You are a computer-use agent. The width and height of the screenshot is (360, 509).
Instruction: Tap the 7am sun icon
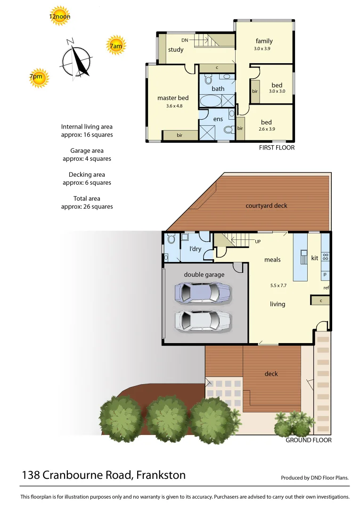115,46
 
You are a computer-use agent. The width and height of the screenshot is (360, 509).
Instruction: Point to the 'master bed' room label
173,98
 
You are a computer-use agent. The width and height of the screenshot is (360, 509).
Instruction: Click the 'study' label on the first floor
176,50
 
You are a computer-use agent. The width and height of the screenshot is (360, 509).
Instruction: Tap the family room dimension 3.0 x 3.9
262,49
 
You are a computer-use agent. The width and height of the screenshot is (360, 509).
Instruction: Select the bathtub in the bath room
211,101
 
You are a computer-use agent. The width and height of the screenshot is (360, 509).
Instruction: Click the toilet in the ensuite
229,130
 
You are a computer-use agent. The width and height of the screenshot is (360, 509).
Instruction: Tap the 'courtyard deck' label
266,205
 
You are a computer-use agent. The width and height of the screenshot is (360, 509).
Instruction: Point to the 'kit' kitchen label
314,258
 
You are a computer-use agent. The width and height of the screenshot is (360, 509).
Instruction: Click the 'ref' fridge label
326,287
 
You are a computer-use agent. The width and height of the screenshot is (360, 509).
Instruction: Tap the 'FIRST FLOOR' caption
277,148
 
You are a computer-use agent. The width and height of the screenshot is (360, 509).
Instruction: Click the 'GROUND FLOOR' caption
309,440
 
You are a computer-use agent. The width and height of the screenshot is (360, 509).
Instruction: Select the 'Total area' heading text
87,198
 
